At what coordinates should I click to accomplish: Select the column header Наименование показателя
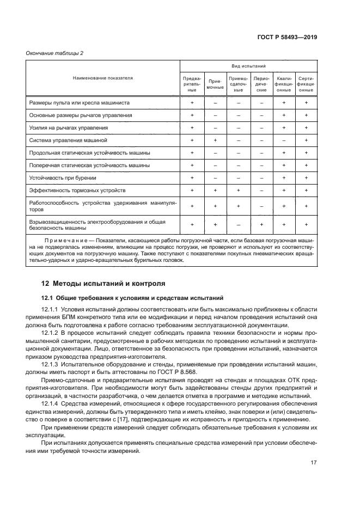pyautogui.click(x=103, y=78)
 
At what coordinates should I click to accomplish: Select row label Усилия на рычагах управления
pyautogui.click(x=68, y=128)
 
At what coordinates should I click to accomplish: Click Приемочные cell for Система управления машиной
pyautogui.click(x=215, y=140)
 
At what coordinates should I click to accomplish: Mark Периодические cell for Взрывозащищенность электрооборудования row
pyautogui.click(x=261, y=224)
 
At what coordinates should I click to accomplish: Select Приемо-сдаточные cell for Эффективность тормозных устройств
pyautogui.click(x=239, y=190)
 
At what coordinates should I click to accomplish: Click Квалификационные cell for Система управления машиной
pyautogui.click(x=284, y=140)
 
